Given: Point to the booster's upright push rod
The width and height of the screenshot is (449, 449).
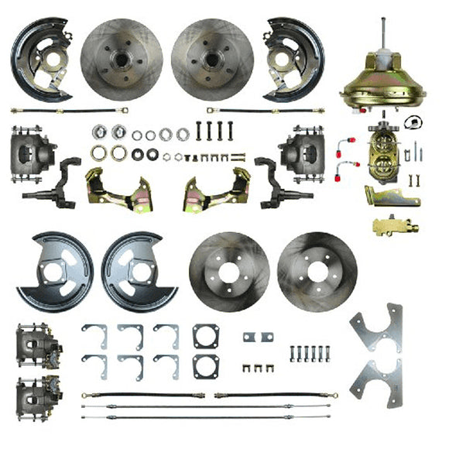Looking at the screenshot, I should point(386,35).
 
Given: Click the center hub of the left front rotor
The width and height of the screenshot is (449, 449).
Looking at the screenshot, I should point(122,57).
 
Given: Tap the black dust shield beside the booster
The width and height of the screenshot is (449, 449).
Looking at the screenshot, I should point(293,58).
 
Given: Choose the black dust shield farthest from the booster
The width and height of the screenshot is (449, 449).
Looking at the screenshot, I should point(40,58).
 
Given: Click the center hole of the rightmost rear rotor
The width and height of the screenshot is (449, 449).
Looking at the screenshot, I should point(317,271).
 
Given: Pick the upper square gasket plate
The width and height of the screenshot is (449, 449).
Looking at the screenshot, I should point(205,335).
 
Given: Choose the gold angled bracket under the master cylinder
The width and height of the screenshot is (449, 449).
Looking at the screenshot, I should point(392,195).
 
